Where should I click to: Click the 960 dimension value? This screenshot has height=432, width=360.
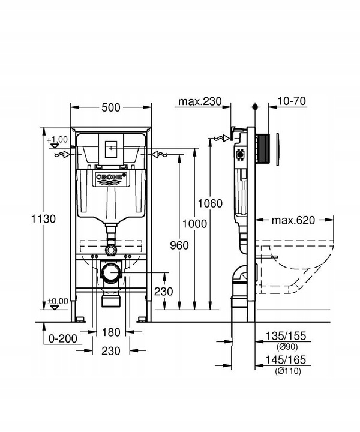[179, 245]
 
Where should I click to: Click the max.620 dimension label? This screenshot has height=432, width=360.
[293, 220]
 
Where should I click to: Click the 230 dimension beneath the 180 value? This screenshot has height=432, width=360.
[111, 350]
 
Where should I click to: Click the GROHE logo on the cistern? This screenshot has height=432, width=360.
[110, 178]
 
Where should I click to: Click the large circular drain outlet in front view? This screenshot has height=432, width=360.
[110, 274]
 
